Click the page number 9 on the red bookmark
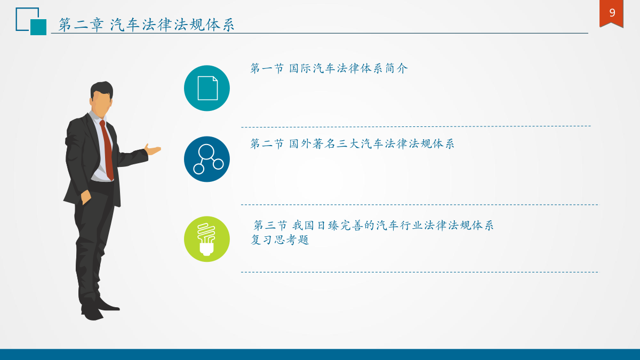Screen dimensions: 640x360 point(612,13)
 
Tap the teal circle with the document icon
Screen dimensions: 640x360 point(207,88)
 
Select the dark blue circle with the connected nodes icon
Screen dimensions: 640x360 point(207,159)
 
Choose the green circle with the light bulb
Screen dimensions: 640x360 point(207,239)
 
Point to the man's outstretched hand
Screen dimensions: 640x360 point(153,149)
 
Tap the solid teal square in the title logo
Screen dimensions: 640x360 point(38,27)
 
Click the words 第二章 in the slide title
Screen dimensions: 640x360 point(81,25)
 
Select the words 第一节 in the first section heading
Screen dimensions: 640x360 point(267,68)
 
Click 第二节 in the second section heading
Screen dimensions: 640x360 point(267,143)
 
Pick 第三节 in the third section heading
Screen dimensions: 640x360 point(270,226)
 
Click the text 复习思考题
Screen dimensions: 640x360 point(280,239)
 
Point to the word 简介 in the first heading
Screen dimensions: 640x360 point(397,68)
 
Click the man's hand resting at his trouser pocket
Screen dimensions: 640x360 point(86,197)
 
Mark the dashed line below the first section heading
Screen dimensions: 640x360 point(415,126)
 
